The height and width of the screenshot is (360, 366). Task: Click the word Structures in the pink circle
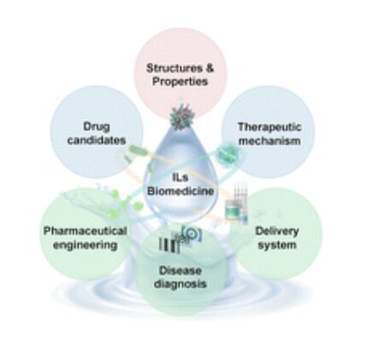tap(174, 68)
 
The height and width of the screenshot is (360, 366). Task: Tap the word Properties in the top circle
tap(180, 82)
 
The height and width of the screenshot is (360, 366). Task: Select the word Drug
tap(97, 127)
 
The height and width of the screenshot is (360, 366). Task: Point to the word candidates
tap(97, 140)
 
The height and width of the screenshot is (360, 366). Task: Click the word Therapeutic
tap(269, 127)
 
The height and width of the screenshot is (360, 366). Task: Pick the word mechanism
tap(269, 141)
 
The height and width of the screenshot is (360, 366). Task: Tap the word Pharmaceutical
tap(85, 231)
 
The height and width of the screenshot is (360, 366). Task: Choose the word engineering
tap(86, 245)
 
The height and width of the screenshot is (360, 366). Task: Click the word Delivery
tap(277, 232)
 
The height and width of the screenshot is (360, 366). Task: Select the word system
tap(277, 245)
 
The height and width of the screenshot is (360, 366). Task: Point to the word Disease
tap(180, 270)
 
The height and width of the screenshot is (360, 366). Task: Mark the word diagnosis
tap(180, 284)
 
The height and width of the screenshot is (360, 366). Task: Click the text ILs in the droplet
tap(180, 177)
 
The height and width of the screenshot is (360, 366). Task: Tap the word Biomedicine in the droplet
tap(180, 191)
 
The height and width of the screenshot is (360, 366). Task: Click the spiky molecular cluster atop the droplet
tap(182, 116)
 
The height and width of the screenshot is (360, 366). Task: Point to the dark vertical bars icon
tap(169, 245)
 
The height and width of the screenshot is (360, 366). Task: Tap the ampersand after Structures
tap(210, 68)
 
